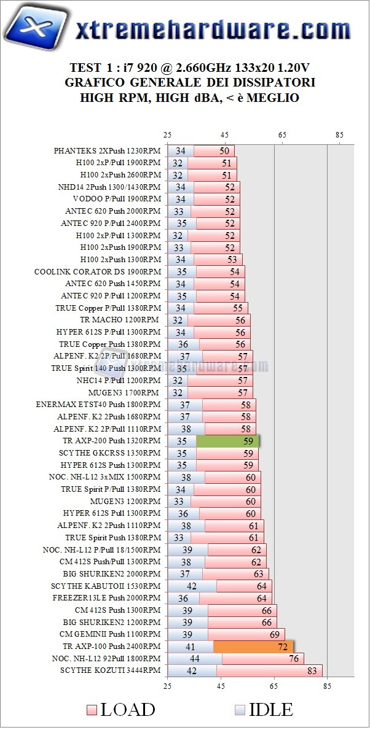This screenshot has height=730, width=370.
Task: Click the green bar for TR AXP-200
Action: [227, 440]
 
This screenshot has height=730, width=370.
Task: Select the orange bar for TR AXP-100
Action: [253, 646]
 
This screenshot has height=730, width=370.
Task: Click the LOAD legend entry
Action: [120, 710]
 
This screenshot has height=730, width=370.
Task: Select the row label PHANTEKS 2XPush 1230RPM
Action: [107, 150]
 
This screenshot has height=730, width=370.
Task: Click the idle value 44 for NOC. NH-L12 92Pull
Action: [194, 658]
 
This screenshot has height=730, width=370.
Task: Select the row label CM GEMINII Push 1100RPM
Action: [110, 634]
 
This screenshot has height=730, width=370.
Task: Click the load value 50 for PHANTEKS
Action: [224, 150]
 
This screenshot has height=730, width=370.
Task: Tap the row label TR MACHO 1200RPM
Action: [120, 320]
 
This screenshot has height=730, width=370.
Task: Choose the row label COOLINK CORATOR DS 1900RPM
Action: [97, 271]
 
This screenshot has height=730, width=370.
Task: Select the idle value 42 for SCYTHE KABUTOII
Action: [191, 586]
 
